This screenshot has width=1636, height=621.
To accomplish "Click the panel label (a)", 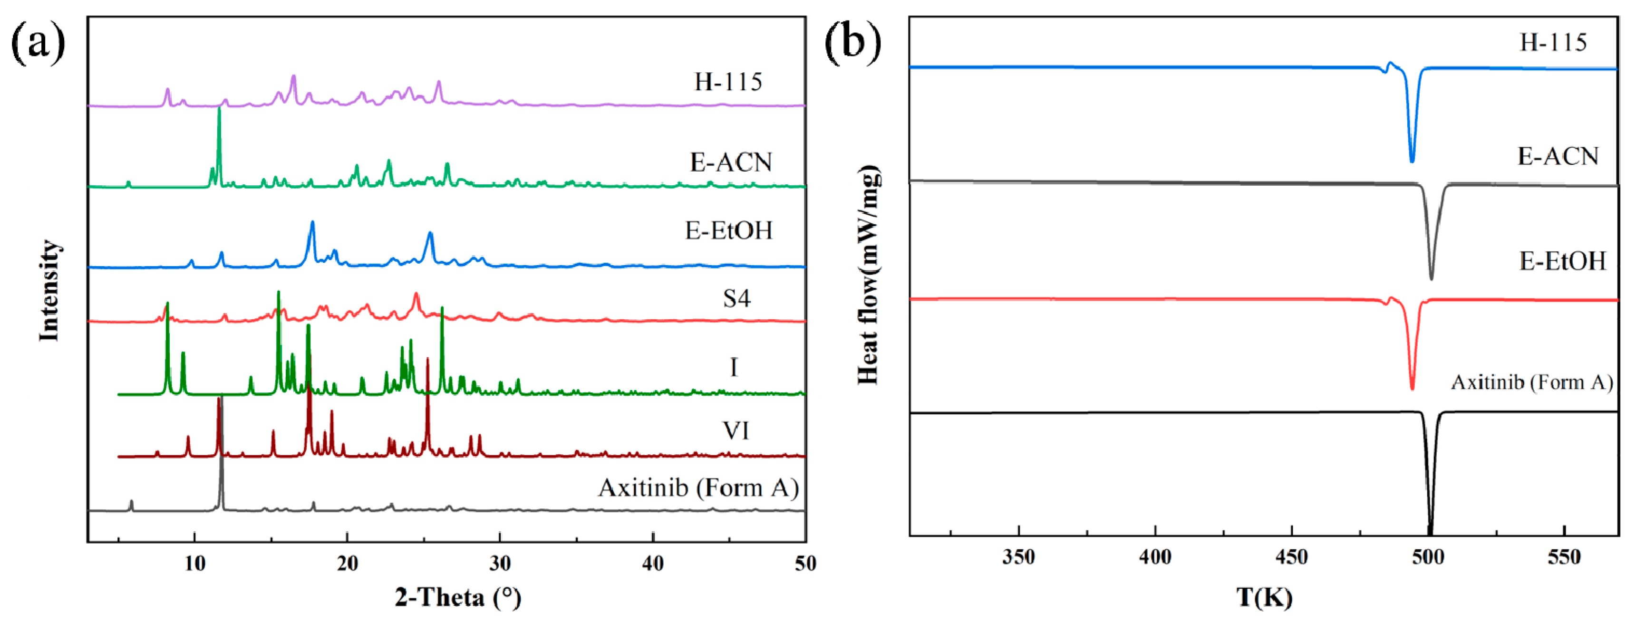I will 38,42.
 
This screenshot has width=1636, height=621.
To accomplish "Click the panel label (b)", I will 852,42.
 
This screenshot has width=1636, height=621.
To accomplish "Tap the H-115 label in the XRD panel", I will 728,81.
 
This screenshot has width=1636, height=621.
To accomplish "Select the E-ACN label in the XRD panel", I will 731,162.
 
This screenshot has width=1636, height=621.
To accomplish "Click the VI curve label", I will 736,430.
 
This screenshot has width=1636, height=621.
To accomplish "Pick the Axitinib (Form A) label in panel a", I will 698,487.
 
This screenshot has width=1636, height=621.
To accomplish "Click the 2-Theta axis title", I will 458,597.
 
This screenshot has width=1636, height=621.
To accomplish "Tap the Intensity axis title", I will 49,290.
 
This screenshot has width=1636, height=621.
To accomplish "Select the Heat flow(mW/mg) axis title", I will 868,274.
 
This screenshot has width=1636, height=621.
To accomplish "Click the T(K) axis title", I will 1264,597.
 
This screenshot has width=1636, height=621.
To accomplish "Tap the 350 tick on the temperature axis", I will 1019,557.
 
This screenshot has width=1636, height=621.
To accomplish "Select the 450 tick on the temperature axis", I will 1291,557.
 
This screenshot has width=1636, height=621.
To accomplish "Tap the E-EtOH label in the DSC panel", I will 1562,261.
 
